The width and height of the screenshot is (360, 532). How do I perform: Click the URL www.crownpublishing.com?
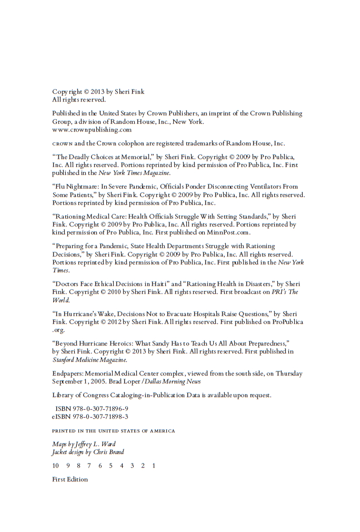click(92, 129)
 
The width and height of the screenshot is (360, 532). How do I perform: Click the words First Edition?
click(70, 479)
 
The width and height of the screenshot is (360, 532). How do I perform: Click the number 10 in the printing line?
click(55, 466)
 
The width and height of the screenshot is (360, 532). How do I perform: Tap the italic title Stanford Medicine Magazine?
click(89, 360)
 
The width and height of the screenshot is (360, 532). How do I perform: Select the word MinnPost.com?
click(228, 232)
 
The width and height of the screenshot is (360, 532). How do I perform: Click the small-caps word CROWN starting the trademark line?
click(62, 143)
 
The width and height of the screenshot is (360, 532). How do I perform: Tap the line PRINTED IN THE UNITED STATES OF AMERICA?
click(113, 431)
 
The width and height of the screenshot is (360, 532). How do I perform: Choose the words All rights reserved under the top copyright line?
click(79, 99)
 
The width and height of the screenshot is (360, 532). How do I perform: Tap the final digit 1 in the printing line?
click(154, 466)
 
